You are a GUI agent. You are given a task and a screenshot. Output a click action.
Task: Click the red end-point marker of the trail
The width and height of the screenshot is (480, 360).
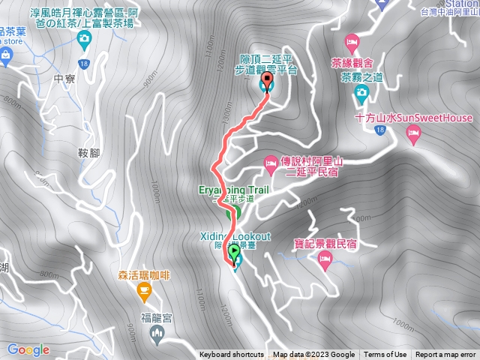click(266, 80)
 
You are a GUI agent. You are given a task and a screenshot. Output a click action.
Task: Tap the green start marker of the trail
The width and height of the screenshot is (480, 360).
click(234, 251)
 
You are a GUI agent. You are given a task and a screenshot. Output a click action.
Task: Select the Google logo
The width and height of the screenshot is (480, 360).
click(28, 349)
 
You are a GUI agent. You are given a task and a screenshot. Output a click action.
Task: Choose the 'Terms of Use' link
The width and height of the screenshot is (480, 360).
click(385, 355)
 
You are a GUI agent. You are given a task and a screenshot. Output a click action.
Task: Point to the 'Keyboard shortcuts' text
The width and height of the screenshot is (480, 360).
click(231, 355)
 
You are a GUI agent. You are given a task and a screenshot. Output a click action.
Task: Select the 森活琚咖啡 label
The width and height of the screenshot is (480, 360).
click(142, 275)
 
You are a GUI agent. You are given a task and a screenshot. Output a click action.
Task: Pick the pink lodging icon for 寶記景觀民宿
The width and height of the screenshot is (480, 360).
click(325, 260)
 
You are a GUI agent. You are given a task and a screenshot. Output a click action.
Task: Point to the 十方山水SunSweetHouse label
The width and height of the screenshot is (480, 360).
click(414, 118)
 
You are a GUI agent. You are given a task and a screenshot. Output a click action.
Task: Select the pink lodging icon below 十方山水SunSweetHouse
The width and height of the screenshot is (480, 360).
click(412, 133)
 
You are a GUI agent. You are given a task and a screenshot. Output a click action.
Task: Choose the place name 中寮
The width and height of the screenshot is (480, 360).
click(66, 78)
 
